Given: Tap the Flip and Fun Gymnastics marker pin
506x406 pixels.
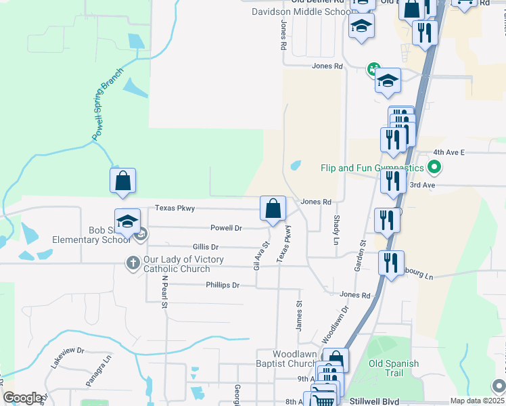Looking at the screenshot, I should (436, 167).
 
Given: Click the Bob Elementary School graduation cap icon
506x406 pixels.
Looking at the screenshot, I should (127, 221).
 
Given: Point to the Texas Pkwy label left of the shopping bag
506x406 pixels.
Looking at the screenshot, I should (175, 208).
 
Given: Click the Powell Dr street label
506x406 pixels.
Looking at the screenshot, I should (226, 228).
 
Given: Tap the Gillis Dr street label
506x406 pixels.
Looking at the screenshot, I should (206, 248).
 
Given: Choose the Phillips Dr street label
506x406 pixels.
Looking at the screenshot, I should (223, 286).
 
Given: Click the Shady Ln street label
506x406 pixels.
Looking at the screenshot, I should (336, 230).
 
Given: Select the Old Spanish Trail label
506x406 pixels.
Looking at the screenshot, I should (394, 368).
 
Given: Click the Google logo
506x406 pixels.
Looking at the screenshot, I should (22, 398).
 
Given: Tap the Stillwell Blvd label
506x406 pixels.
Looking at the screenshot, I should (375, 401).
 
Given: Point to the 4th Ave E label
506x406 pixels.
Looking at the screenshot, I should (449, 153).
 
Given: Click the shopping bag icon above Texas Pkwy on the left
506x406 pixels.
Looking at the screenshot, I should (122, 181).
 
